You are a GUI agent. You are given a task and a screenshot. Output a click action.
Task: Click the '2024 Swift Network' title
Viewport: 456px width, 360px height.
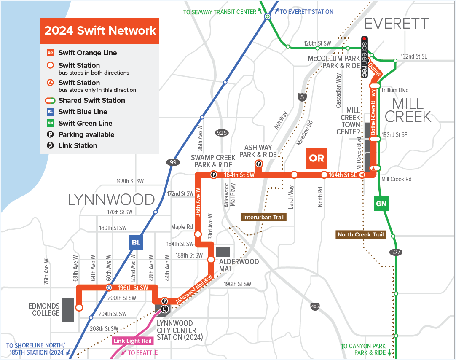[100, 31]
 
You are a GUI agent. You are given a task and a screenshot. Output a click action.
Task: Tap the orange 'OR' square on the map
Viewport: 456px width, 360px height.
[317, 158]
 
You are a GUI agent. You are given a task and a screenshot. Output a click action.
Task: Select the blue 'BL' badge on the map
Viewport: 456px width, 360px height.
[136, 242]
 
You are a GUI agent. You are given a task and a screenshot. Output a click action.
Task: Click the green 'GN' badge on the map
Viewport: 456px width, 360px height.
[381, 204]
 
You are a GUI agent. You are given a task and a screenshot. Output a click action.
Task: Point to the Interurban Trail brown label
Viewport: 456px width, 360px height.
[264, 218]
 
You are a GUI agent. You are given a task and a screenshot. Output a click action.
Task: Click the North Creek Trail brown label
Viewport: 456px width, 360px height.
[361, 234]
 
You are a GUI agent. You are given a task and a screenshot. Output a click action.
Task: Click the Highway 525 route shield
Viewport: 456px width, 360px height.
[222, 133]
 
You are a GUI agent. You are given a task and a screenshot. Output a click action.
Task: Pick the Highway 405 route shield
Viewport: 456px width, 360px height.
[314, 306]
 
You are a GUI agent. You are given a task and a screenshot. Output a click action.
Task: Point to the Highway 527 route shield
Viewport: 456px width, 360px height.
[396, 252]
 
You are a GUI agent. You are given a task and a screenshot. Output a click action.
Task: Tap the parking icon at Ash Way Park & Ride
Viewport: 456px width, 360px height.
[258, 164]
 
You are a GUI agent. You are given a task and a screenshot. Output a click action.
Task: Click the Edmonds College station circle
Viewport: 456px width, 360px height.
[79, 308]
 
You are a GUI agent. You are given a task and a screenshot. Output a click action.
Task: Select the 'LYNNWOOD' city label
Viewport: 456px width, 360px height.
[111, 199]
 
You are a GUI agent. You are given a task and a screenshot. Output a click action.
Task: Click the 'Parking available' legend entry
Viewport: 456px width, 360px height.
[86, 134]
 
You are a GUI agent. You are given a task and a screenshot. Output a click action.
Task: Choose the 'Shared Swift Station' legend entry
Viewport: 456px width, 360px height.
[91, 100]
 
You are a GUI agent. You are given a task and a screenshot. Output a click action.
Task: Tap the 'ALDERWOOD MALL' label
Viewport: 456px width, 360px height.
[239, 265]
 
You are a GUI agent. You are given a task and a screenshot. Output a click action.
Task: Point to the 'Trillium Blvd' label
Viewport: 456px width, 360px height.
[394, 90]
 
